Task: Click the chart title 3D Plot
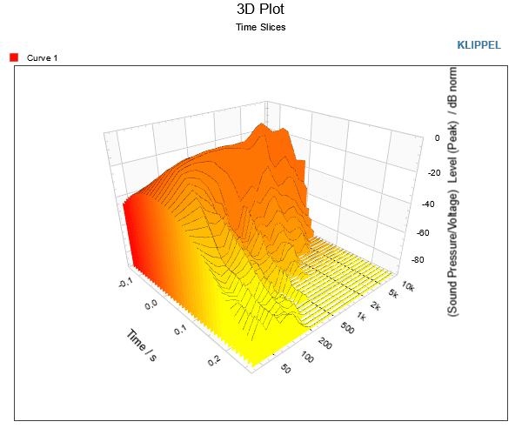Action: pos(260,9)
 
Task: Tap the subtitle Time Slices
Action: pos(261,27)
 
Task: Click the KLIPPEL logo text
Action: pos(478,45)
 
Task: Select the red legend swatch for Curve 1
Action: pos(14,57)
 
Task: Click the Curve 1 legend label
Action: pos(42,58)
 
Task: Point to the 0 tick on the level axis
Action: pos(437,137)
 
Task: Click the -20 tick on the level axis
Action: pos(434,173)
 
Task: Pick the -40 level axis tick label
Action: pos(428,204)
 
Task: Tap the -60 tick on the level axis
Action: pos(423,232)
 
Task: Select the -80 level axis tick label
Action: pos(418,259)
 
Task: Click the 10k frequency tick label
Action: pos(408,286)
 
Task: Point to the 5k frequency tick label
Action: pos(393,293)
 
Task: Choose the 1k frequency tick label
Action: pos(362,316)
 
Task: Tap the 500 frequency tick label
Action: pos(347,329)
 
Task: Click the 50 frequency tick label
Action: pos(285,368)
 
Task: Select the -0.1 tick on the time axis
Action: pos(125,283)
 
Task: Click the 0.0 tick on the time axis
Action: pos(151,304)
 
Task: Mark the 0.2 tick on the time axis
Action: pos(214,360)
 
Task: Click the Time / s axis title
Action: pos(142,345)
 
